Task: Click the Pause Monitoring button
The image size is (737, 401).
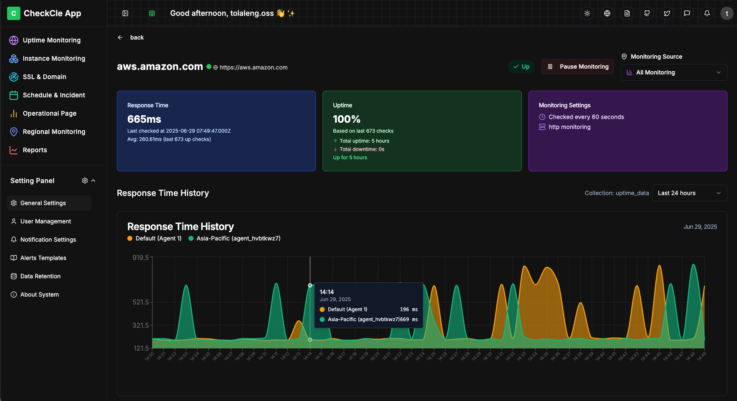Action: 578,67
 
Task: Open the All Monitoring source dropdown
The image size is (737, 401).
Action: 674,72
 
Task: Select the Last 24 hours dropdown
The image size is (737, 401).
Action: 690,193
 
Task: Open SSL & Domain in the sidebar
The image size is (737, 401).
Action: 44,77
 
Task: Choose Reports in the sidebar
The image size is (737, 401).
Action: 35,150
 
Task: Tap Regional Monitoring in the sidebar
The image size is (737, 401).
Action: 54,132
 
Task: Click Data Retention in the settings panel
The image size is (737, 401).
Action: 40,276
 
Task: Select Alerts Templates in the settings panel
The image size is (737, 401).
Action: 43,258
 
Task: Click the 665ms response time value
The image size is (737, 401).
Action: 144,119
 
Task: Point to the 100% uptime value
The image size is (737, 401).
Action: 347,119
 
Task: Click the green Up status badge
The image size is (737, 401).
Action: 521,67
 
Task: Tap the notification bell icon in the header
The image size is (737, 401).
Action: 707,13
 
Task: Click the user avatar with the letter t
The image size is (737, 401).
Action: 727,13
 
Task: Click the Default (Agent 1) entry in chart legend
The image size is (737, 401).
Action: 154,238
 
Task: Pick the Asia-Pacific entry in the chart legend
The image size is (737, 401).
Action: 234,238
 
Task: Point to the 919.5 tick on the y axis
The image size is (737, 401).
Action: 141,258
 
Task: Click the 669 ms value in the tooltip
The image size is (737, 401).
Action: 408,319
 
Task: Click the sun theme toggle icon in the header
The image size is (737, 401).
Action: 587,13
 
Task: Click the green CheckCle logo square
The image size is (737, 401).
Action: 14,13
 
